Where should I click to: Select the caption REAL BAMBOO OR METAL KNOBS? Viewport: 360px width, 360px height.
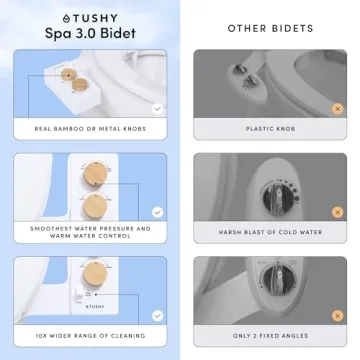pyautogui.click(x=89, y=129)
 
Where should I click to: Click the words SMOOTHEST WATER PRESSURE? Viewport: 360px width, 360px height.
pyautogui.click(x=89, y=228)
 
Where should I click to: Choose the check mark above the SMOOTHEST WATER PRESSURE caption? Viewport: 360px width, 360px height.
pyautogui.click(x=156, y=211)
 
